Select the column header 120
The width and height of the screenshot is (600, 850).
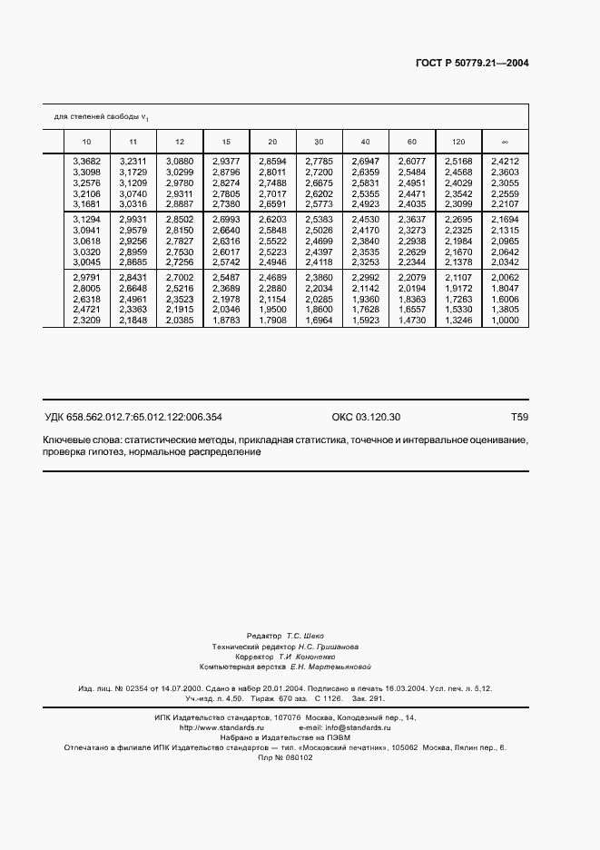click(458, 142)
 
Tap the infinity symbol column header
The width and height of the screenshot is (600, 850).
click(505, 142)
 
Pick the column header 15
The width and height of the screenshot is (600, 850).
click(226, 142)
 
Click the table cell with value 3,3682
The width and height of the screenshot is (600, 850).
click(86, 161)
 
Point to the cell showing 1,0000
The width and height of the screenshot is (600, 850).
click(505, 345)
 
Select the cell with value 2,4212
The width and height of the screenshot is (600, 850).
click(505, 161)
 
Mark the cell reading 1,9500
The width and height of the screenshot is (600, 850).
click(272, 334)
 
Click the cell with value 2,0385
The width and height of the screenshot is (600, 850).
click(180, 345)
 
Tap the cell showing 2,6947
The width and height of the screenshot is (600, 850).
click(365, 161)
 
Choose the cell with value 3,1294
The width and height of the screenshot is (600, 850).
click(86, 220)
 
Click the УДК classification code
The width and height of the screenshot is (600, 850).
click(133, 418)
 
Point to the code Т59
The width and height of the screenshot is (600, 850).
click(519, 418)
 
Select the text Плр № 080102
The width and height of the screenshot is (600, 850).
click(285, 757)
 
